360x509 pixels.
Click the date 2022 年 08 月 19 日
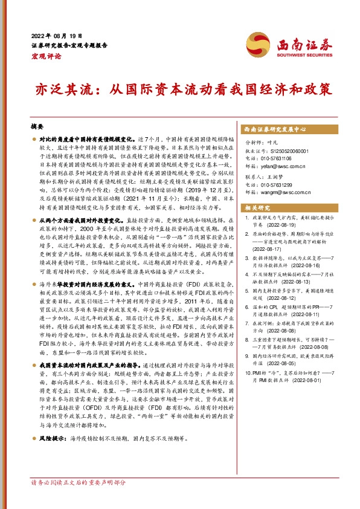point(54,35)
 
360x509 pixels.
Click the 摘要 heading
point(37,128)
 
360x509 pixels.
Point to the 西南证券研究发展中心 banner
point(276,129)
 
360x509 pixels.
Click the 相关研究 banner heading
point(257,207)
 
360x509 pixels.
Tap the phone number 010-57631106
point(285,156)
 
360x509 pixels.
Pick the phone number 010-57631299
point(285,184)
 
